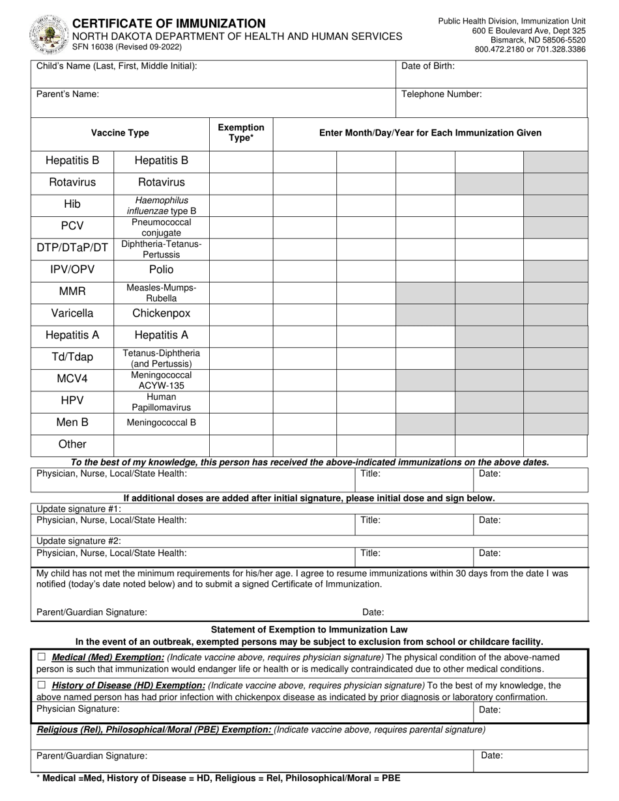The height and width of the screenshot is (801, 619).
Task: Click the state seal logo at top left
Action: point(48,34)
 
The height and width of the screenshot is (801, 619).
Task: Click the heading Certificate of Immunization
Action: point(169,23)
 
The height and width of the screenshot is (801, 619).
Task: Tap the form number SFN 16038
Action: point(127,47)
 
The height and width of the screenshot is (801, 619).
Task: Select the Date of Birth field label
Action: point(428,66)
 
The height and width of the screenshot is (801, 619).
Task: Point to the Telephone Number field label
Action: point(441,94)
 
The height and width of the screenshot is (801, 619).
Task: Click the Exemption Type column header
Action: point(240,132)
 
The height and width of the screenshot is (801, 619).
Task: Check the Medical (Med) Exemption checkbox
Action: point(42,657)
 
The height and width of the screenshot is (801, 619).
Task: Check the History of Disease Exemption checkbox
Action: point(42,685)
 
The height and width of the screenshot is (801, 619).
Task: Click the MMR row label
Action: point(72,292)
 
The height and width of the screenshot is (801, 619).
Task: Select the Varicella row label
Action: point(72,313)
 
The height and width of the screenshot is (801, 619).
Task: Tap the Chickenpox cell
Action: point(161,313)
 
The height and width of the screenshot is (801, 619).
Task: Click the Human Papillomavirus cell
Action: point(161,402)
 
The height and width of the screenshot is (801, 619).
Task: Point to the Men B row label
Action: point(72,423)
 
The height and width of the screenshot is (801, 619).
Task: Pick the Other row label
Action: point(72,444)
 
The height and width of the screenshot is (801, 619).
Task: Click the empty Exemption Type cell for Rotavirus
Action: point(240,182)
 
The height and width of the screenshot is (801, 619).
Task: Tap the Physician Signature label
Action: point(78,709)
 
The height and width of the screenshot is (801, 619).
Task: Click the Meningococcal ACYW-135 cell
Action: point(161,380)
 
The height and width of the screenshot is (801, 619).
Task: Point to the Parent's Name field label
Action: point(68,94)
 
